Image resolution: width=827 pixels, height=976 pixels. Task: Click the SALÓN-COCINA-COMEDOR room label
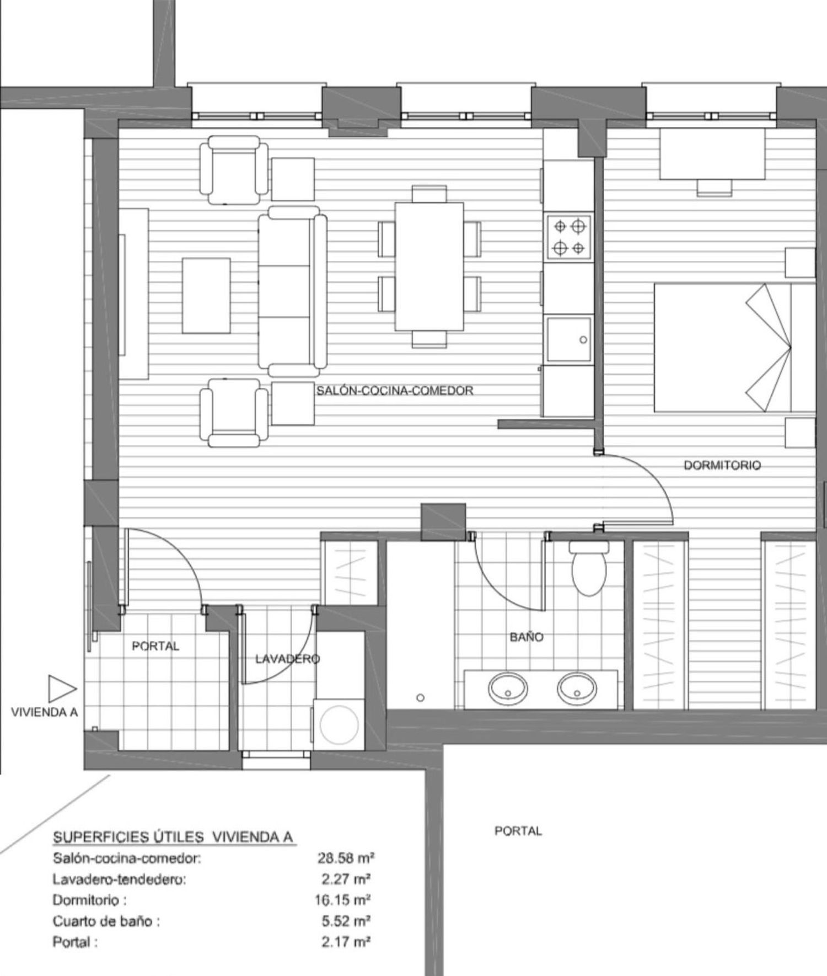pyautogui.click(x=395, y=391)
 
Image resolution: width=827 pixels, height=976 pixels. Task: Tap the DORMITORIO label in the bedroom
pyautogui.click(x=722, y=465)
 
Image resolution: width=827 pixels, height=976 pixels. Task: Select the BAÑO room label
pyautogui.click(x=527, y=637)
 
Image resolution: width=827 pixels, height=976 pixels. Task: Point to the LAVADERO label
pyautogui.click(x=287, y=659)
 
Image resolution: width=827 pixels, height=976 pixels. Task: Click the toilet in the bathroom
pyautogui.click(x=589, y=568)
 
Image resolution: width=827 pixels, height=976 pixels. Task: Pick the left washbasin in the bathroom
pyautogui.click(x=508, y=689)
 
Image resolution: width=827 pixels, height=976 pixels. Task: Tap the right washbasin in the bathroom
pyautogui.click(x=577, y=689)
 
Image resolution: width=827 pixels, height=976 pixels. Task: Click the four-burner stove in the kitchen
pyautogui.click(x=569, y=237)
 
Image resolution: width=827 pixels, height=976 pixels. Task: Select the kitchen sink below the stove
pyautogui.click(x=569, y=339)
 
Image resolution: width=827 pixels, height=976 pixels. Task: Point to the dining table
pyautogui.click(x=429, y=266)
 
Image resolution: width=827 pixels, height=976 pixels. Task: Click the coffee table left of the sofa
pyautogui.click(x=206, y=295)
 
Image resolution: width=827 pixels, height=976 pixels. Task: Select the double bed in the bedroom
pyautogui.click(x=734, y=348)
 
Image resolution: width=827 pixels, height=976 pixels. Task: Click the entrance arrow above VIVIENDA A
pyautogui.click(x=62, y=689)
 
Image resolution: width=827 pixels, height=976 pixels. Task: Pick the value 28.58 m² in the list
pyautogui.click(x=346, y=858)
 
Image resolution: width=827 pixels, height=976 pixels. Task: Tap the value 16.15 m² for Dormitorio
pyautogui.click(x=342, y=900)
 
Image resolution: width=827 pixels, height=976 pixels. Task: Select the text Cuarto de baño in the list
pyautogui.click(x=102, y=921)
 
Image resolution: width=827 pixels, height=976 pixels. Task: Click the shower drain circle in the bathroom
pyautogui.click(x=420, y=698)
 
